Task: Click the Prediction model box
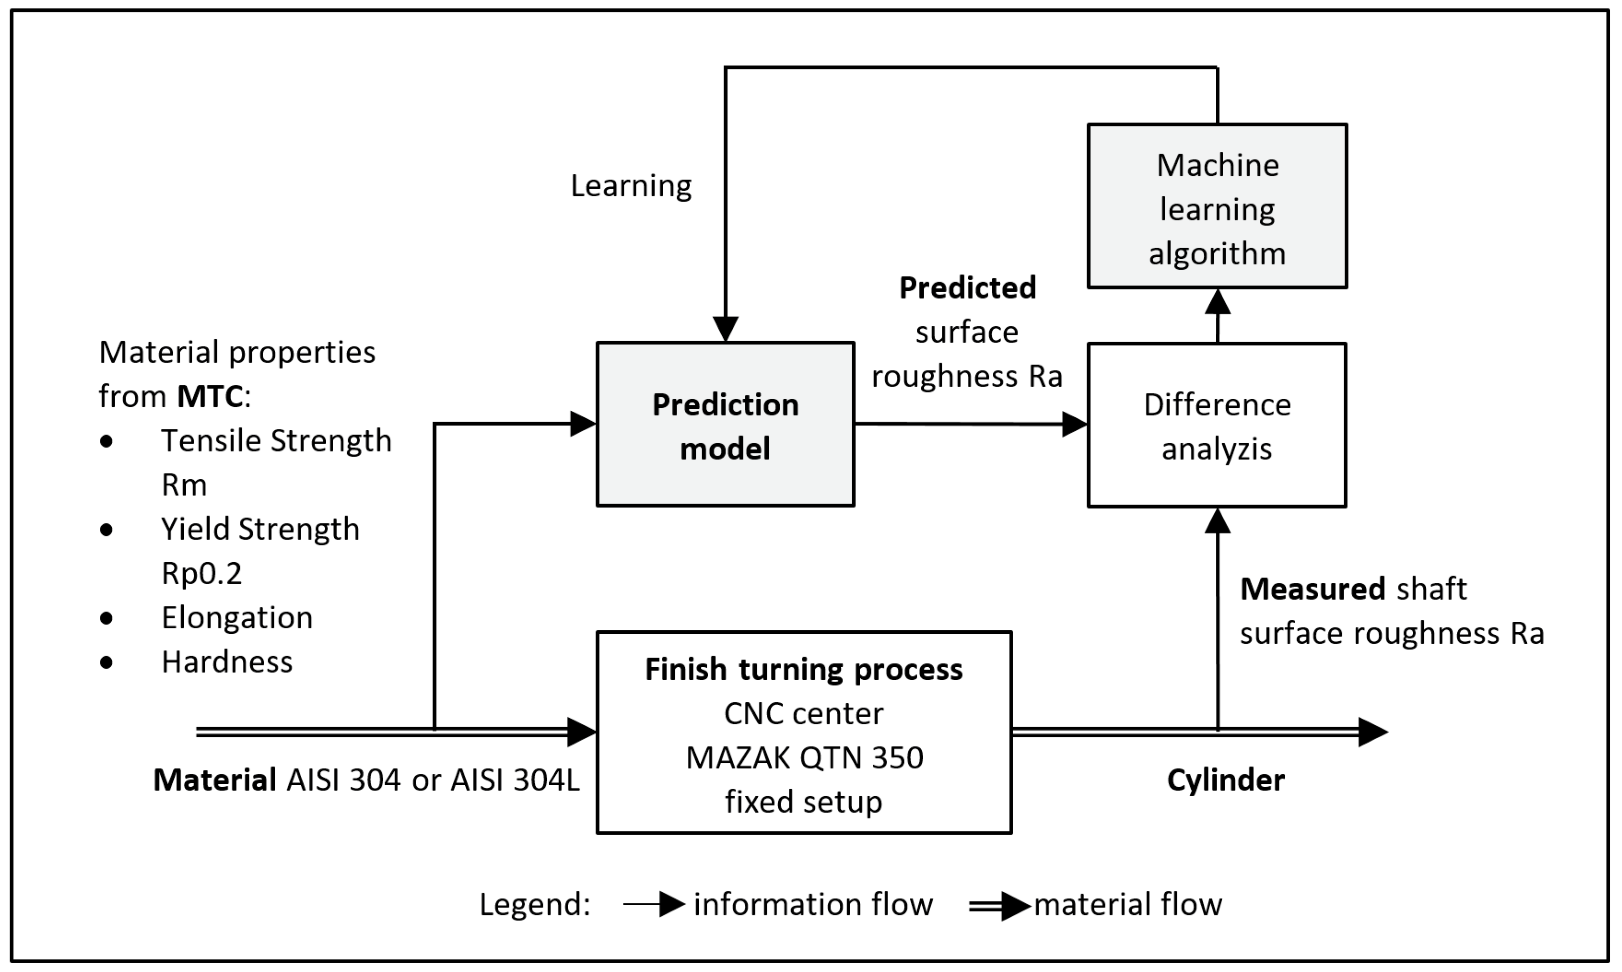coord(725,425)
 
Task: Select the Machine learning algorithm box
coord(1217,206)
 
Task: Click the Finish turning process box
coord(804,732)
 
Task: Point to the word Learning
coord(631,186)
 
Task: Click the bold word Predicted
coord(967,288)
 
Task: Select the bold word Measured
coord(1312,589)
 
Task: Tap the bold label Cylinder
coord(1225,780)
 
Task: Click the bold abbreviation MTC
coord(210,397)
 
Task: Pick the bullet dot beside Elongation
coord(107,618)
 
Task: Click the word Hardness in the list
coord(226,662)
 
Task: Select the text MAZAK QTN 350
coord(804,758)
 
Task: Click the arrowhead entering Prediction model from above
coord(726,329)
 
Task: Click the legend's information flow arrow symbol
coord(655,904)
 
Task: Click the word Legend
coord(534,904)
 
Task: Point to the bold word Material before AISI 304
coord(214,780)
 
